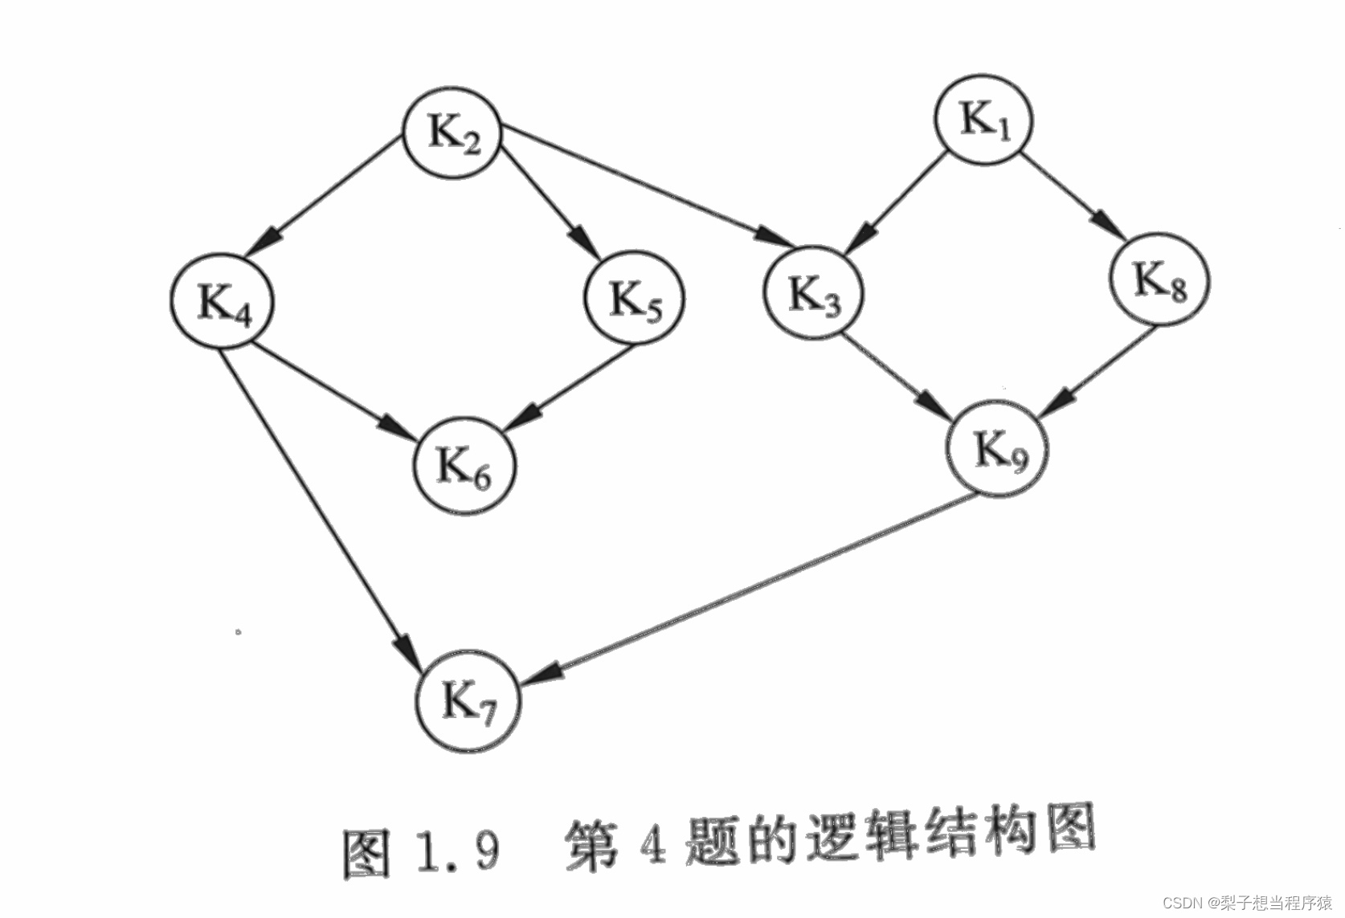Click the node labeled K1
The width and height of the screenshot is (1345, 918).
click(983, 120)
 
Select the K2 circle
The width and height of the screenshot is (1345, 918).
click(452, 133)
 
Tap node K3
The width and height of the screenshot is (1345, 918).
click(813, 293)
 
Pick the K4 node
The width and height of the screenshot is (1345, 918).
click(223, 302)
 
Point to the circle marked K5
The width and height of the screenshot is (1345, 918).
click(634, 298)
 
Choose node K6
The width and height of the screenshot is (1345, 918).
click(464, 466)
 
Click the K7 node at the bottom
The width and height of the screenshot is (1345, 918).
click(468, 701)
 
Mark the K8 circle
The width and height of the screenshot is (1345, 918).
click(1159, 279)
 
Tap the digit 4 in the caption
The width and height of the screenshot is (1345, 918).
click(652, 845)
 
